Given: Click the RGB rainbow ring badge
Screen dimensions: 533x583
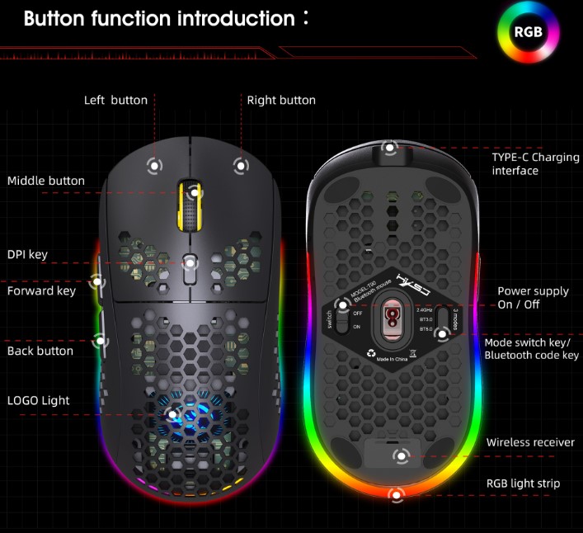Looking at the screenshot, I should coord(528,32).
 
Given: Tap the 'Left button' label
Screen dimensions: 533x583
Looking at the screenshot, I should coord(115,100).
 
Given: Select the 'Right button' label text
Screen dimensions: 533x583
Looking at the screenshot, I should coord(281,100).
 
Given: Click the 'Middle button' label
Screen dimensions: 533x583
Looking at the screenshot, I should coord(46,181).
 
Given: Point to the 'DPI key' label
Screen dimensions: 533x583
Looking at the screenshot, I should coord(27,254).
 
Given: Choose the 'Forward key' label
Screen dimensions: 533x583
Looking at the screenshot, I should coord(41,290).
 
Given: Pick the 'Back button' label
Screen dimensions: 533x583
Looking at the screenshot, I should coord(40,351).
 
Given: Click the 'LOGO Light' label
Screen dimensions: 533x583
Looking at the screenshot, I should coord(39,400).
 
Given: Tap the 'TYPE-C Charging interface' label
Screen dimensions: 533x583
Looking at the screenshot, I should coord(535,163).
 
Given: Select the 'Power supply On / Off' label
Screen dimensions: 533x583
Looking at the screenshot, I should coord(533,298).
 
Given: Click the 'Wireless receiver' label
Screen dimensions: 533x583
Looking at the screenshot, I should coord(530,442).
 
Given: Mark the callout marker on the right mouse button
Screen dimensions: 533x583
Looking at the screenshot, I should coord(240,165).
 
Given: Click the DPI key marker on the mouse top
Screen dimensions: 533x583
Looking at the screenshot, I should coord(190,262).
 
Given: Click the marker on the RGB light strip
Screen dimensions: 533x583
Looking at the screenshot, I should coord(397,496).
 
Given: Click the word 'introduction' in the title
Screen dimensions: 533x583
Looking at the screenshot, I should coord(237,18).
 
